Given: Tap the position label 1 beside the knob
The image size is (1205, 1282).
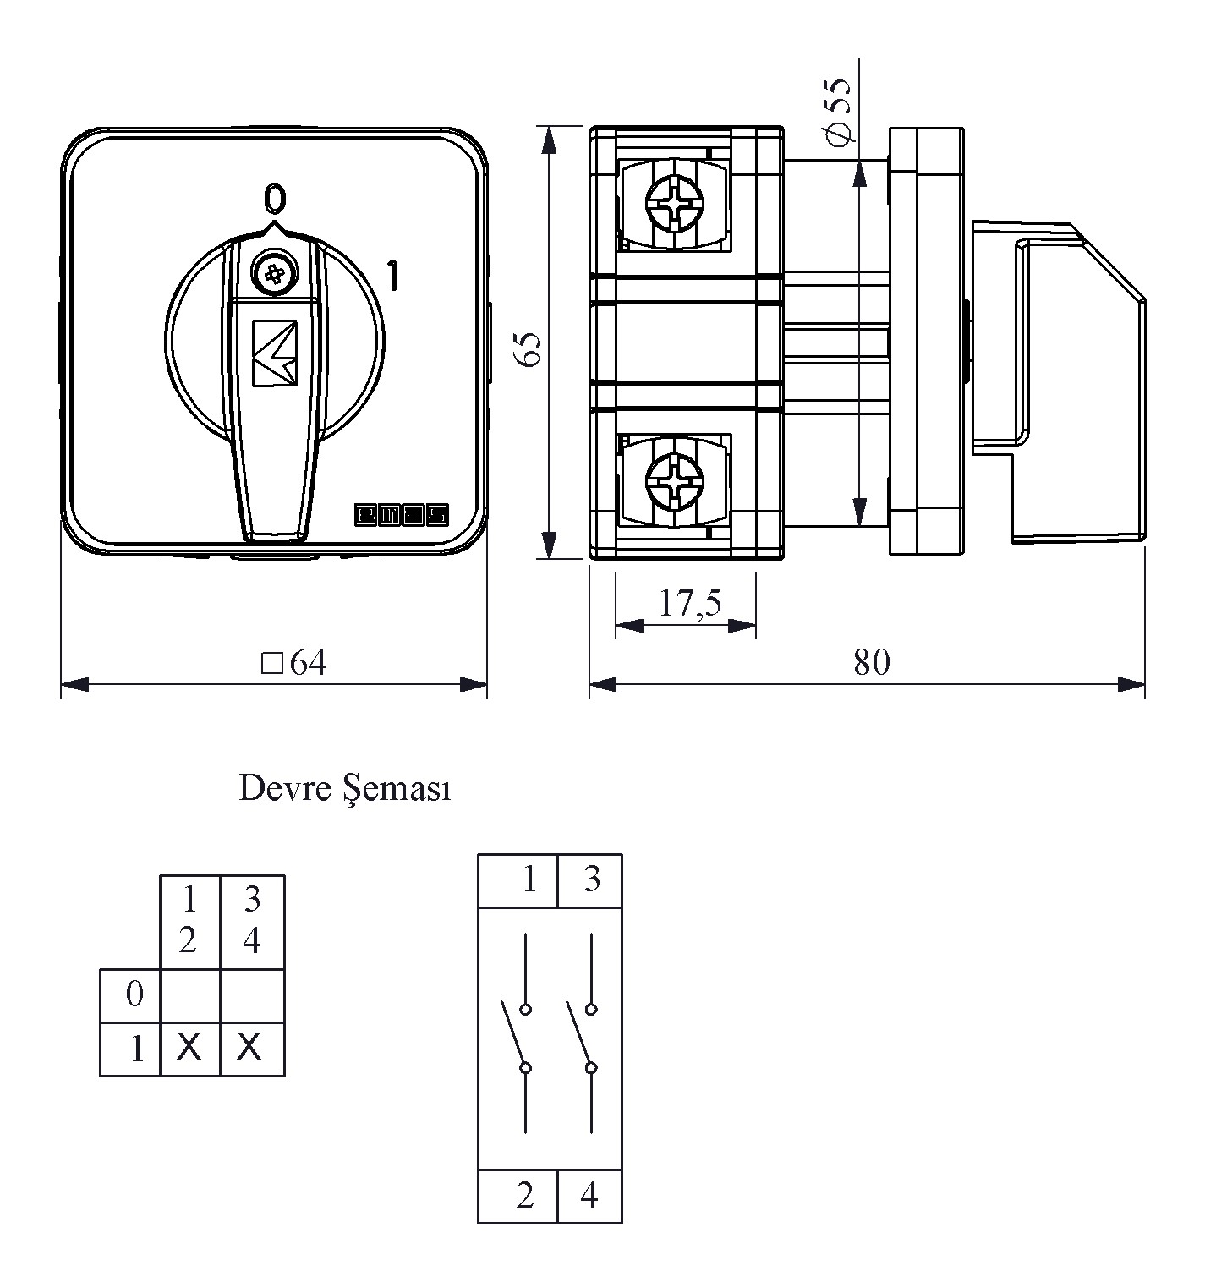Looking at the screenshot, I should [x=392, y=277].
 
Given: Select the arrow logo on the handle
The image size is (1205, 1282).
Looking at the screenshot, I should [x=275, y=353].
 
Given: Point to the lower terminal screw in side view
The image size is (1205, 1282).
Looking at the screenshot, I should [x=674, y=479].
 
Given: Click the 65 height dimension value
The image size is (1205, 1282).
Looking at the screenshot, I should [x=529, y=348].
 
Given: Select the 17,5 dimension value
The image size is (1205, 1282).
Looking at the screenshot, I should [x=690, y=605].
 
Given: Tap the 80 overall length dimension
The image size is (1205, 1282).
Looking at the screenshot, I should [x=872, y=663].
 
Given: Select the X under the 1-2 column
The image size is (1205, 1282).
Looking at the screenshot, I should [x=189, y=1049].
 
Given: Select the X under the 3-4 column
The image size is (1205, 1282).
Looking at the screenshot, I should [x=249, y=1049].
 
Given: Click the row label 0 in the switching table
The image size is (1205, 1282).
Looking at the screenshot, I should [x=134, y=994].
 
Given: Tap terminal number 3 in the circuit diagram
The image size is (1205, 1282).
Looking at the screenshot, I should [x=591, y=879].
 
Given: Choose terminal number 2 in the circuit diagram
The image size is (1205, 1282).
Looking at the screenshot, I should [x=525, y=1196].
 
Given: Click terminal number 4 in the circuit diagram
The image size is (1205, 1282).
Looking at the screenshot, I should [x=589, y=1196].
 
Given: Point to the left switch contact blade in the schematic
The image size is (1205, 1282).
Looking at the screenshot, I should [x=514, y=1036].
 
